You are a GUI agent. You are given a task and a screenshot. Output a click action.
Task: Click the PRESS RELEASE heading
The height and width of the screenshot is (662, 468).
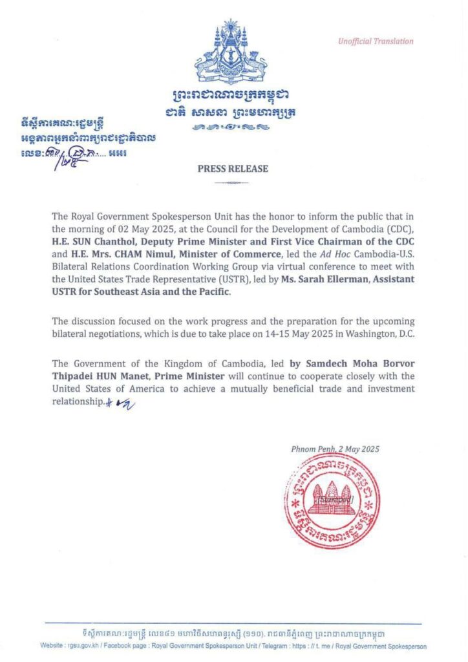pos(233,169)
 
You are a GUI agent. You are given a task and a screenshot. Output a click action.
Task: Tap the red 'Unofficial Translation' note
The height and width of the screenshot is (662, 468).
pos(375,41)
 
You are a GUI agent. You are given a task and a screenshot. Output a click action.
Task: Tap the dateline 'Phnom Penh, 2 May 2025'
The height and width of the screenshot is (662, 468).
pos(334,449)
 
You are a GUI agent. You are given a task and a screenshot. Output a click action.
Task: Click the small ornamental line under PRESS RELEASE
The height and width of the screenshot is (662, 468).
pos(232,184)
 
